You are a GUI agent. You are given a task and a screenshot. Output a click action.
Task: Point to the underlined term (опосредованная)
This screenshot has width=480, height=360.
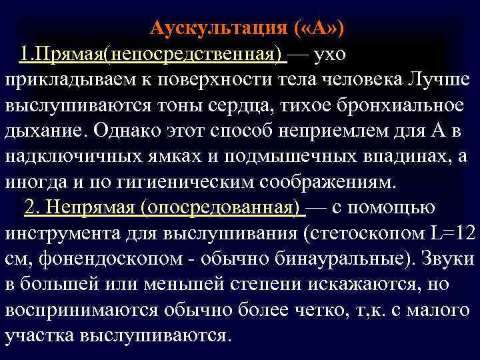pyautogui.click(x=221, y=207)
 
